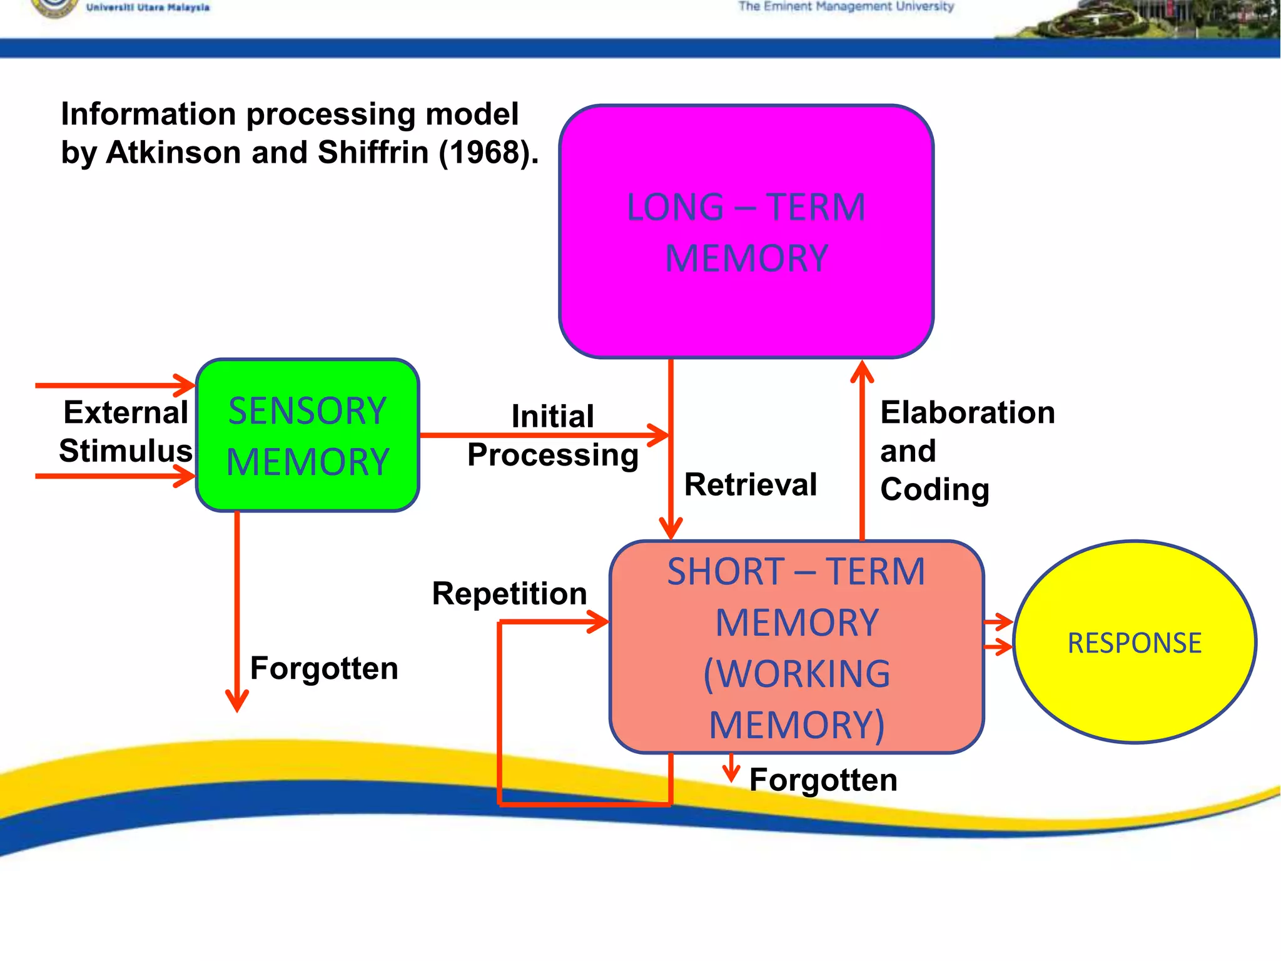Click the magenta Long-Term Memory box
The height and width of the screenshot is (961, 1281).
746,231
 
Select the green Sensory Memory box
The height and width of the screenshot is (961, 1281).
307,435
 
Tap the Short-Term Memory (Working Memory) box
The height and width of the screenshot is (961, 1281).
796,647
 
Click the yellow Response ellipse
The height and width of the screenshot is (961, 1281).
1134,643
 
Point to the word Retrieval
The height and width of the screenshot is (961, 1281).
750,485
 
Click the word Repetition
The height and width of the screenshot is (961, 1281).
509,593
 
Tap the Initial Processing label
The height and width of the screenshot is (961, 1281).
552,436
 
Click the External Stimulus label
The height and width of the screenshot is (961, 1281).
125,432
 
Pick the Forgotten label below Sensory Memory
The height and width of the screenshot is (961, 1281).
323,668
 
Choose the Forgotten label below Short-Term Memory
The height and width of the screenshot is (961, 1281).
823,780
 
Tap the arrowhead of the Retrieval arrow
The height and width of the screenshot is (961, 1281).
671,529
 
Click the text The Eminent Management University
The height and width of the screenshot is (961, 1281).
846,7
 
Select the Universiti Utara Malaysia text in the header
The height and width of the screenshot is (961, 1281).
148,8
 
